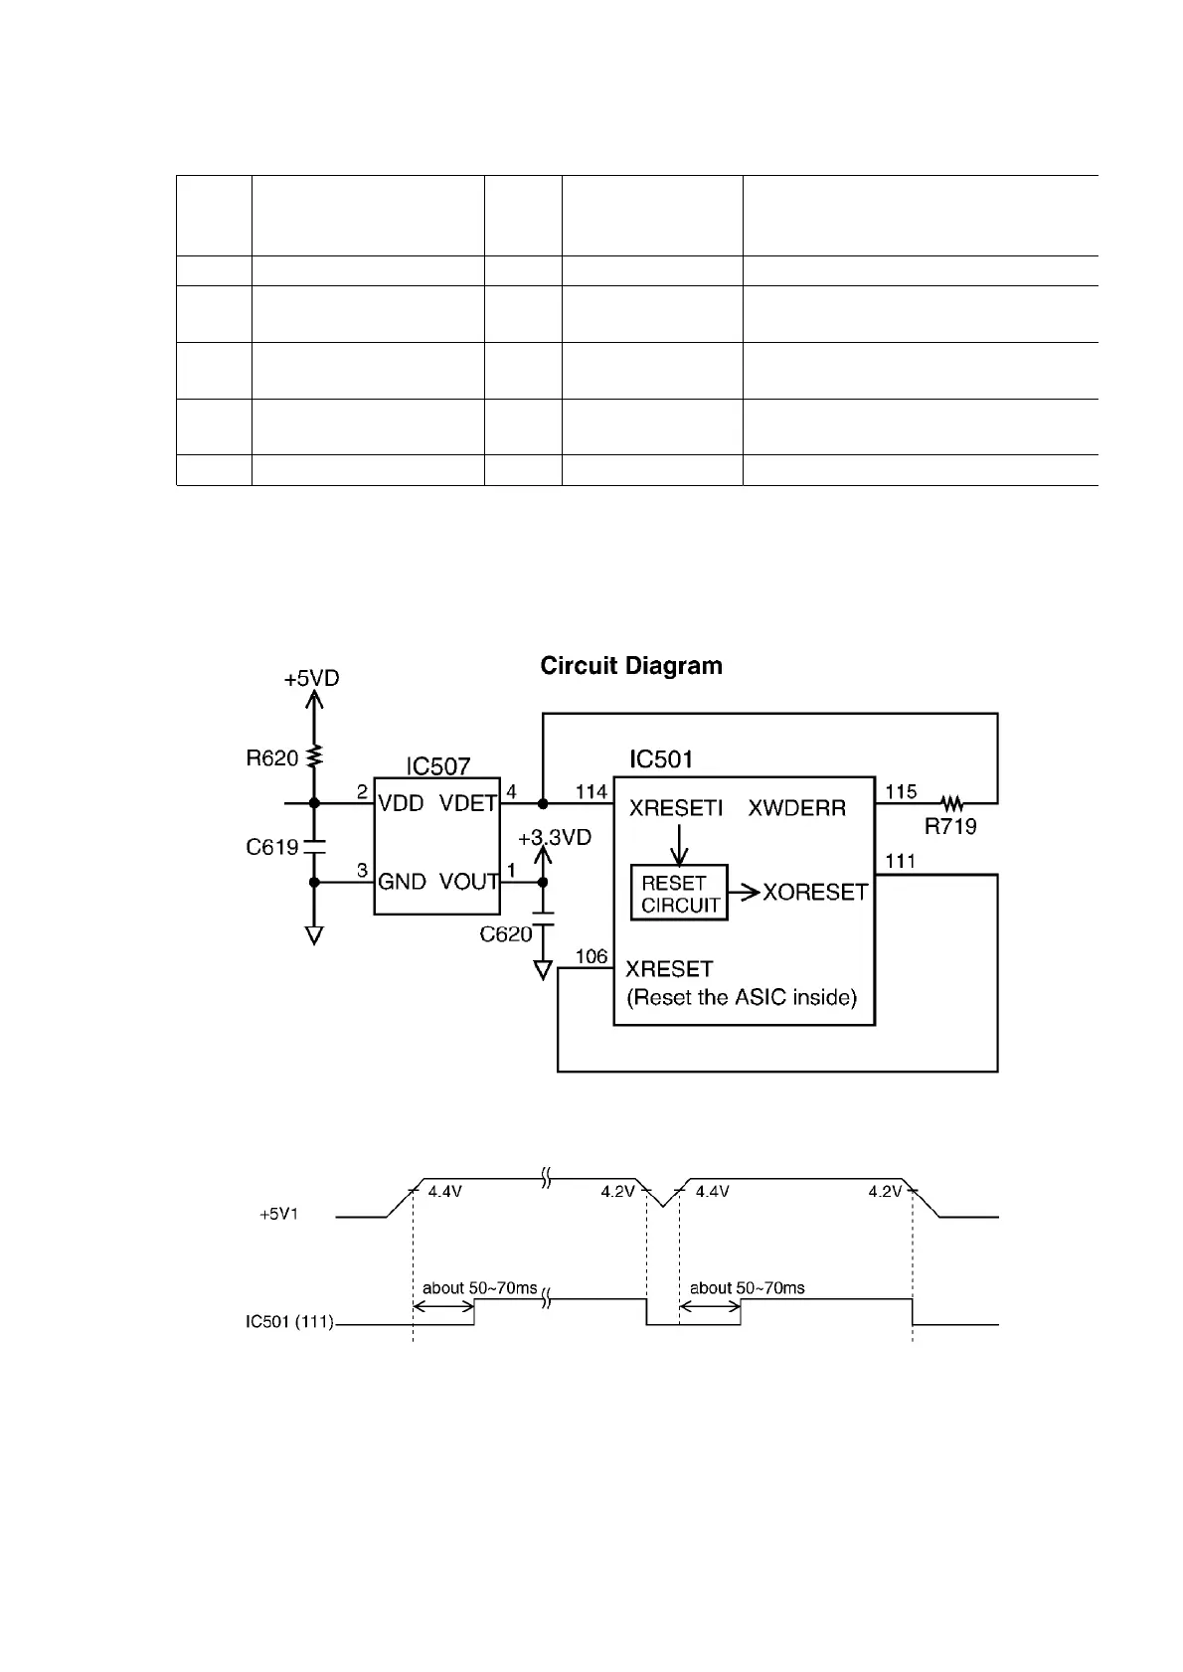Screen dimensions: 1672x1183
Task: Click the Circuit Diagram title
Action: (x=631, y=666)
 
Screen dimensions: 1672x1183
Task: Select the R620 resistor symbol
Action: (x=314, y=756)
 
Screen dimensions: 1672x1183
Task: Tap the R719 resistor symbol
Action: (x=951, y=802)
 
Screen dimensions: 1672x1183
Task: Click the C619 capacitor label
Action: (x=271, y=847)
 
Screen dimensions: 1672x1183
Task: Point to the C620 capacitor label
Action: (x=506, y=934)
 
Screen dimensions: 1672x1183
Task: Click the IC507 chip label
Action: (x=437, y=766)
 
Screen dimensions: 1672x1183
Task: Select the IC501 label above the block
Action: (x=661, y=760)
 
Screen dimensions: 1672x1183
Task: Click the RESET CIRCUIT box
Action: (x=680, y=894)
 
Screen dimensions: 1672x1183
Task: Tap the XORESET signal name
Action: (x=815, y=893)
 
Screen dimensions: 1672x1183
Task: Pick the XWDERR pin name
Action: (x=796, y=808)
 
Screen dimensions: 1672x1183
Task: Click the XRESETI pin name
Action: (x=676, y=808)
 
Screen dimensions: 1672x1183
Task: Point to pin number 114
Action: (x=591, y=792)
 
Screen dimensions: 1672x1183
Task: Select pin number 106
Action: (x=591, y=956)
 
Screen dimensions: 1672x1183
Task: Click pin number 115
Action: (x=901, y=792)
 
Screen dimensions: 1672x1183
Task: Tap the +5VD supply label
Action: (x=311, y=679)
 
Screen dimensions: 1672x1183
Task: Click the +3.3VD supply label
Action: (x=555, y=838)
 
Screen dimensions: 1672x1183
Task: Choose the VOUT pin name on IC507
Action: (x=468, y=882)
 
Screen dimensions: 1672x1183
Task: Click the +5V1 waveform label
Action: (x=279, y=1215)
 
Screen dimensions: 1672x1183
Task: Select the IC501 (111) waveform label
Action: (x=289, y=1322)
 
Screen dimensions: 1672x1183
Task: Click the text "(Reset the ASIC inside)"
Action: (x=742, y=998)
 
